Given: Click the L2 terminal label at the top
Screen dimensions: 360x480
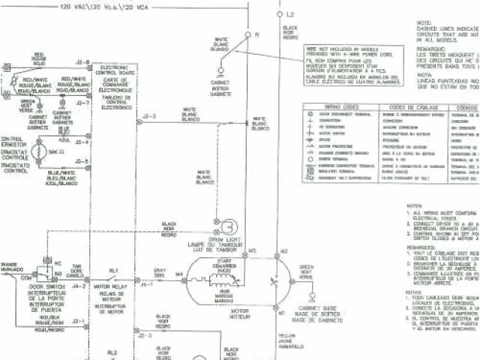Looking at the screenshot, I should (x=291, y=14).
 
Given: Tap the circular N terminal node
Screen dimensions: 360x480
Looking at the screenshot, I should (x=249, y=34).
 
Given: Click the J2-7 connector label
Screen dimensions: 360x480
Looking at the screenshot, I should (x=82, y=102).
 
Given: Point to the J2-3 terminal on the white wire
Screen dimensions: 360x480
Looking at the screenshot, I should (x=148, y=115).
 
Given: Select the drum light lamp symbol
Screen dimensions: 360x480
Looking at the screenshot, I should (x=227, y=223).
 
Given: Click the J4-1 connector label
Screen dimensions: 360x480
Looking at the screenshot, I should (x=147, y=285).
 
